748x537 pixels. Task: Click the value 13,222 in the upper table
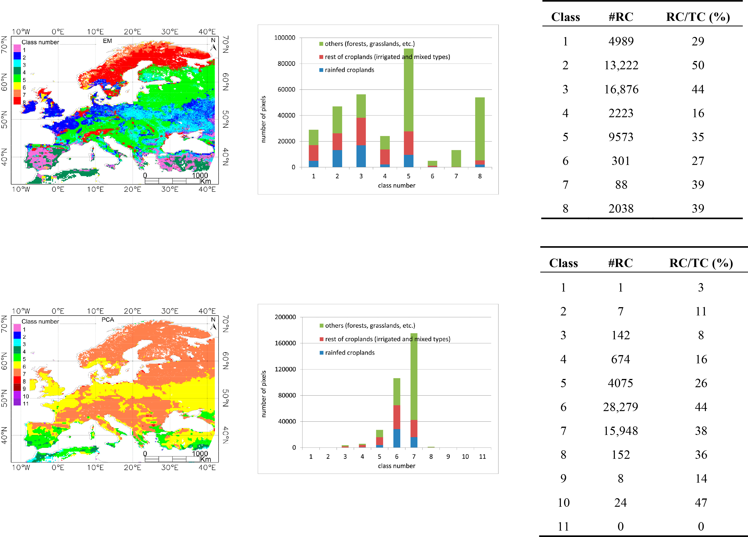(x=621, y=65)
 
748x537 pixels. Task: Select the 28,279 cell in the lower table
(x=620, y=407)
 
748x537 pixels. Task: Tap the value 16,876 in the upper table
(x=621, y=89)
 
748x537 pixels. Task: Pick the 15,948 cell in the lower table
(x=620, y=431)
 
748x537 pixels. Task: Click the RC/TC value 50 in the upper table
(x=698, y=65)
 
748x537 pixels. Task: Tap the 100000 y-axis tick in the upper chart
(x=285, y=38)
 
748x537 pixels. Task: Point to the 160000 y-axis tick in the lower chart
(x=285, y=343)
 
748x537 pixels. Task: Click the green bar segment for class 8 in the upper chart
(x=480, y=128)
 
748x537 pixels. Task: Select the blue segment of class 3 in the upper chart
(x=361, y=156)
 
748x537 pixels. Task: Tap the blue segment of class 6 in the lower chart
(x=397, y=438)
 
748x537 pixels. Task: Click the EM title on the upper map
(x=107, y=41)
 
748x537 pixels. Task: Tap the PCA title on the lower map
(x=107, y=320)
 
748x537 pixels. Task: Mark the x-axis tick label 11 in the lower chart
(x=482, y=456)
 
